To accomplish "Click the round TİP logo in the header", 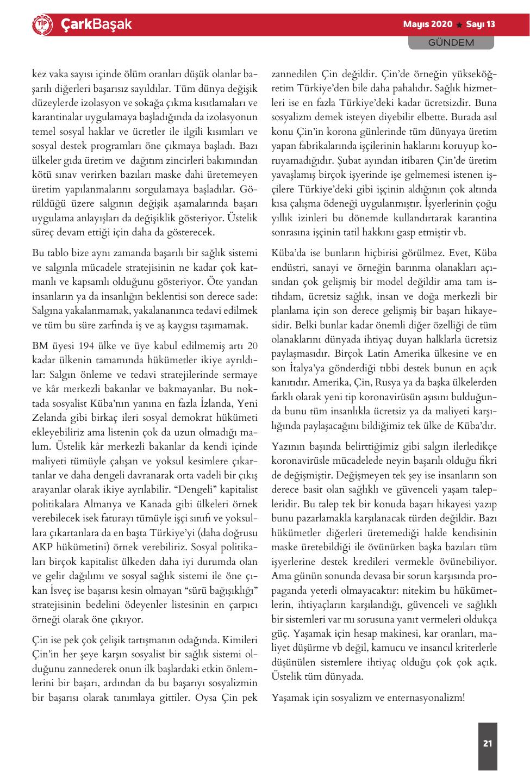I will pyautogui.click(x=41, y=24).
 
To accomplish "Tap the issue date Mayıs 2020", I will pyautogui.click(x=428, y=24).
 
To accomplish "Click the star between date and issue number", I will pyautogui.click(x=459, y=25).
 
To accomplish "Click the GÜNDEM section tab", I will pyautogui.click(x=451, y=42).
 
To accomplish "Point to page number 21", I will pyautogui.click(x=488, y=743).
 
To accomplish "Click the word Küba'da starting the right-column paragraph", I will pyautogui.click(x=288, y=253).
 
